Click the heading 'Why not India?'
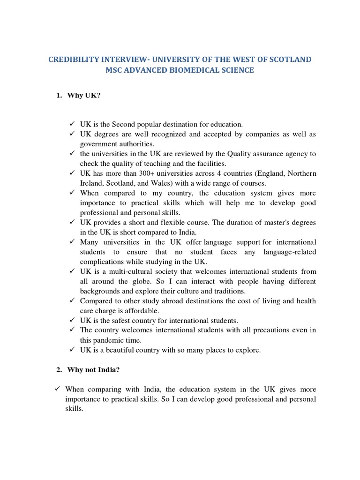(93, 369)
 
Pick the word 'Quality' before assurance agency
(240, 154)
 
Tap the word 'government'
(100, 144)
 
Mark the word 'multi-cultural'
(131, 271)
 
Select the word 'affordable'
(143, 311)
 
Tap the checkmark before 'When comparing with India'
(57, 389)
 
